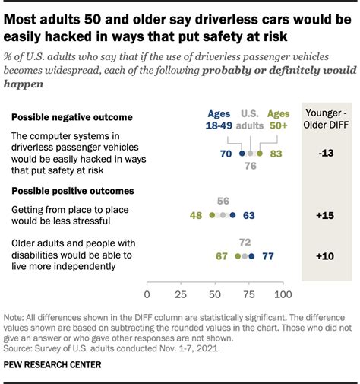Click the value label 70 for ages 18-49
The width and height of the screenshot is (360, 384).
pos(226,154)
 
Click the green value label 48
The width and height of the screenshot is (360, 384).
pos(196,215)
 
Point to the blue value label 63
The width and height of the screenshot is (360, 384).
pos(248,215)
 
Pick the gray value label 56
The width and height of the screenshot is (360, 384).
pos(223,202)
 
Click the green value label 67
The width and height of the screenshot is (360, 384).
pos(222,256)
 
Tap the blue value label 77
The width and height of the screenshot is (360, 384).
pos(267,256)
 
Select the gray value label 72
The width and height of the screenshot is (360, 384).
pos(245,243)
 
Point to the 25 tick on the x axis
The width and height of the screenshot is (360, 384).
pos(181,294)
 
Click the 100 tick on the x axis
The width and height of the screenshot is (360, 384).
pos(283,294)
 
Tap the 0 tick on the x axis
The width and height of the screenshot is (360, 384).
pos(147,294)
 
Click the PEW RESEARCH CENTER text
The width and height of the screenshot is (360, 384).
pos(52,365)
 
